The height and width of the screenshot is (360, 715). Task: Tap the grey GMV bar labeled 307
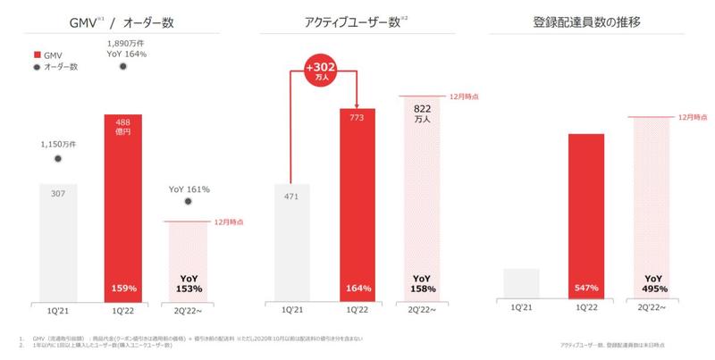coord(58,241)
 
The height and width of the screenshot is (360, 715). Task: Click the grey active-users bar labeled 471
coord(290,241)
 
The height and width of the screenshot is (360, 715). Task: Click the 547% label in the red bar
coord(585,289)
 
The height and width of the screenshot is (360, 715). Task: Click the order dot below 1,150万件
coord(58,159)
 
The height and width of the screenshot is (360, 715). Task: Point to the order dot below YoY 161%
coord(188,201)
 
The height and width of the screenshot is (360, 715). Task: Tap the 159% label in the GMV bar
coord(124,289)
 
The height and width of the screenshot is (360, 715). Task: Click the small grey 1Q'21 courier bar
coord(521,283)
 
